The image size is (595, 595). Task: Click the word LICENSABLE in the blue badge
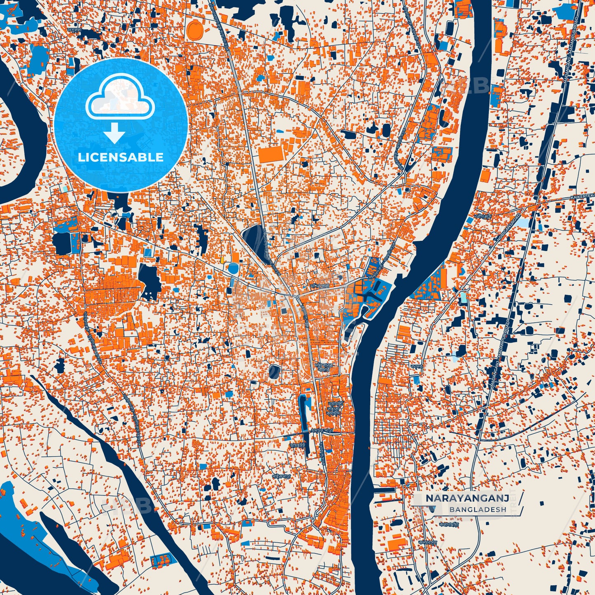121,157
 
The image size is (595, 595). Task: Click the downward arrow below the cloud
114,134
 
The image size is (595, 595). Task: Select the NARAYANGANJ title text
467,499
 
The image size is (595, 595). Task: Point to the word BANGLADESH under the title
478,509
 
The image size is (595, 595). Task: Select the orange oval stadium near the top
194,30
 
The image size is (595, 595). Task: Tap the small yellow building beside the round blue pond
223,260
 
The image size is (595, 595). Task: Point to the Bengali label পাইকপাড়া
282,475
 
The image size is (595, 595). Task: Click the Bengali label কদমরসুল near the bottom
428,542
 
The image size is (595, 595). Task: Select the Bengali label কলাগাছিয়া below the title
448,525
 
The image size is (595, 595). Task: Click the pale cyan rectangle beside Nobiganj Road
523,223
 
